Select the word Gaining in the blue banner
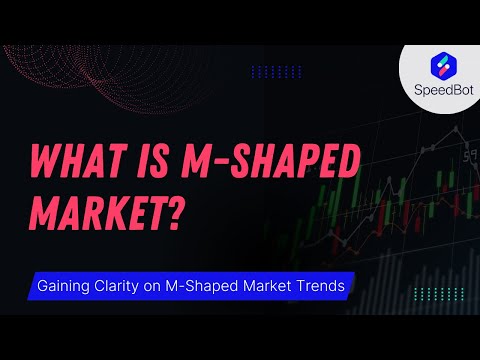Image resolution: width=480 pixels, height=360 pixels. pyautogui.click(x=65, y=286)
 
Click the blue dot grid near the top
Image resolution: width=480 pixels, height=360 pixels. pyautogui.click(x=275, y=71)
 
